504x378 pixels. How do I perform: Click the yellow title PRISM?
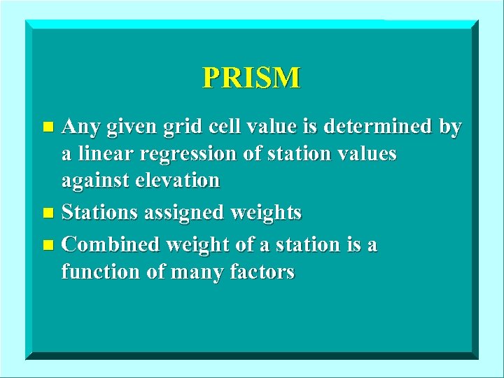coord(251,77)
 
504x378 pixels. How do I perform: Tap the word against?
coord(91,181)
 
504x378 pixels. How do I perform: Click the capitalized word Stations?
coord(100,211)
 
